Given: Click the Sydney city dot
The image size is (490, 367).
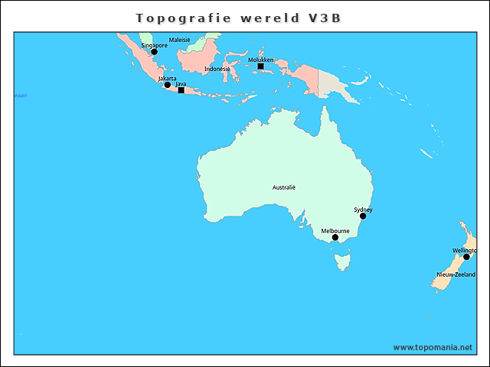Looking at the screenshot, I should point(363,216).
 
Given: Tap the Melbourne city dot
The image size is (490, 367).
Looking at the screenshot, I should point(335,237).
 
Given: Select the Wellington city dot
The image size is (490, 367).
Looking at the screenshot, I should point(466,257).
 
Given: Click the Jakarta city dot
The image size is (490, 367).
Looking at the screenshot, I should point(168,85).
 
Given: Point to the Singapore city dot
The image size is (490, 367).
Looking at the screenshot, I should point(154,52).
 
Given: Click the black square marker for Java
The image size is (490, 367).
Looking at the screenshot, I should point(181,90).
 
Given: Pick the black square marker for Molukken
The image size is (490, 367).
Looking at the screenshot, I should point(260,67).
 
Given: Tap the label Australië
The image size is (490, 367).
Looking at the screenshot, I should point(284,187).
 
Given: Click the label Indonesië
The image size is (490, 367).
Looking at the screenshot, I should point(217,70).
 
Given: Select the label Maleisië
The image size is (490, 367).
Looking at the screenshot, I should point(181,38).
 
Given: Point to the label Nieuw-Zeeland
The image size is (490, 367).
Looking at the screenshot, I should point(456,274).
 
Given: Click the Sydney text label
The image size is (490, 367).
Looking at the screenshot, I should point(363,209).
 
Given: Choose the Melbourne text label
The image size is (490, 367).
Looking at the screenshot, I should point(335,230).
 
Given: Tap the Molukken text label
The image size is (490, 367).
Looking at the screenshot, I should point(261,60).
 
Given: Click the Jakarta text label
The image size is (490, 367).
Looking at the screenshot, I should point(167,78).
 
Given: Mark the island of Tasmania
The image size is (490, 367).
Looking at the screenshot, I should point(342,261).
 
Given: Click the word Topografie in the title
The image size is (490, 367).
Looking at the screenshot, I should point(178,18).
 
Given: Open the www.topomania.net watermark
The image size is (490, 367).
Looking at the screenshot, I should point(433,347).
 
